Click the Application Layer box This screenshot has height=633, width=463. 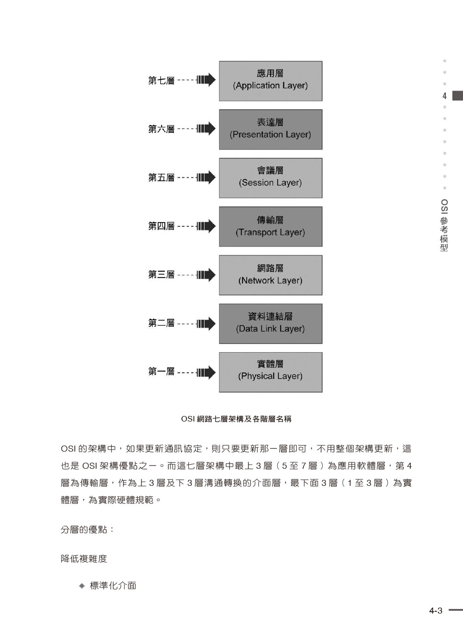270,81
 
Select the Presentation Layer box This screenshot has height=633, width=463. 270,130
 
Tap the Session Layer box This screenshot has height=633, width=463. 270,178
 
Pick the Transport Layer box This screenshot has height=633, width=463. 270,227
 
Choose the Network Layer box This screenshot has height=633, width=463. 270,275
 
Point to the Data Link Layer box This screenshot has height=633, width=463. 270,324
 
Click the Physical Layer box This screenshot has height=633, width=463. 270,372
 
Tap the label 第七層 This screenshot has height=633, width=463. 162,81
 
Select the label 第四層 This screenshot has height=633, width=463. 162,226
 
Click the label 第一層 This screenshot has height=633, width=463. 162,372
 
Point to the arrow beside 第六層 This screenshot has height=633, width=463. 206,129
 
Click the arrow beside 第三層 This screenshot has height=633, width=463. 206,275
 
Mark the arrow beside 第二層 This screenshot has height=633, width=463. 206,323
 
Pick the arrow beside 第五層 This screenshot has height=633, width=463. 206,178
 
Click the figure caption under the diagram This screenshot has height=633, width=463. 236,419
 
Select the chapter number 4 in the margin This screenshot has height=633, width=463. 444,96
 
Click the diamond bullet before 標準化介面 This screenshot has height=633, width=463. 82,586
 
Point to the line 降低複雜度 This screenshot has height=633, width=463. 84,559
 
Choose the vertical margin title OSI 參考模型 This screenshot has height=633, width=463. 444,225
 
